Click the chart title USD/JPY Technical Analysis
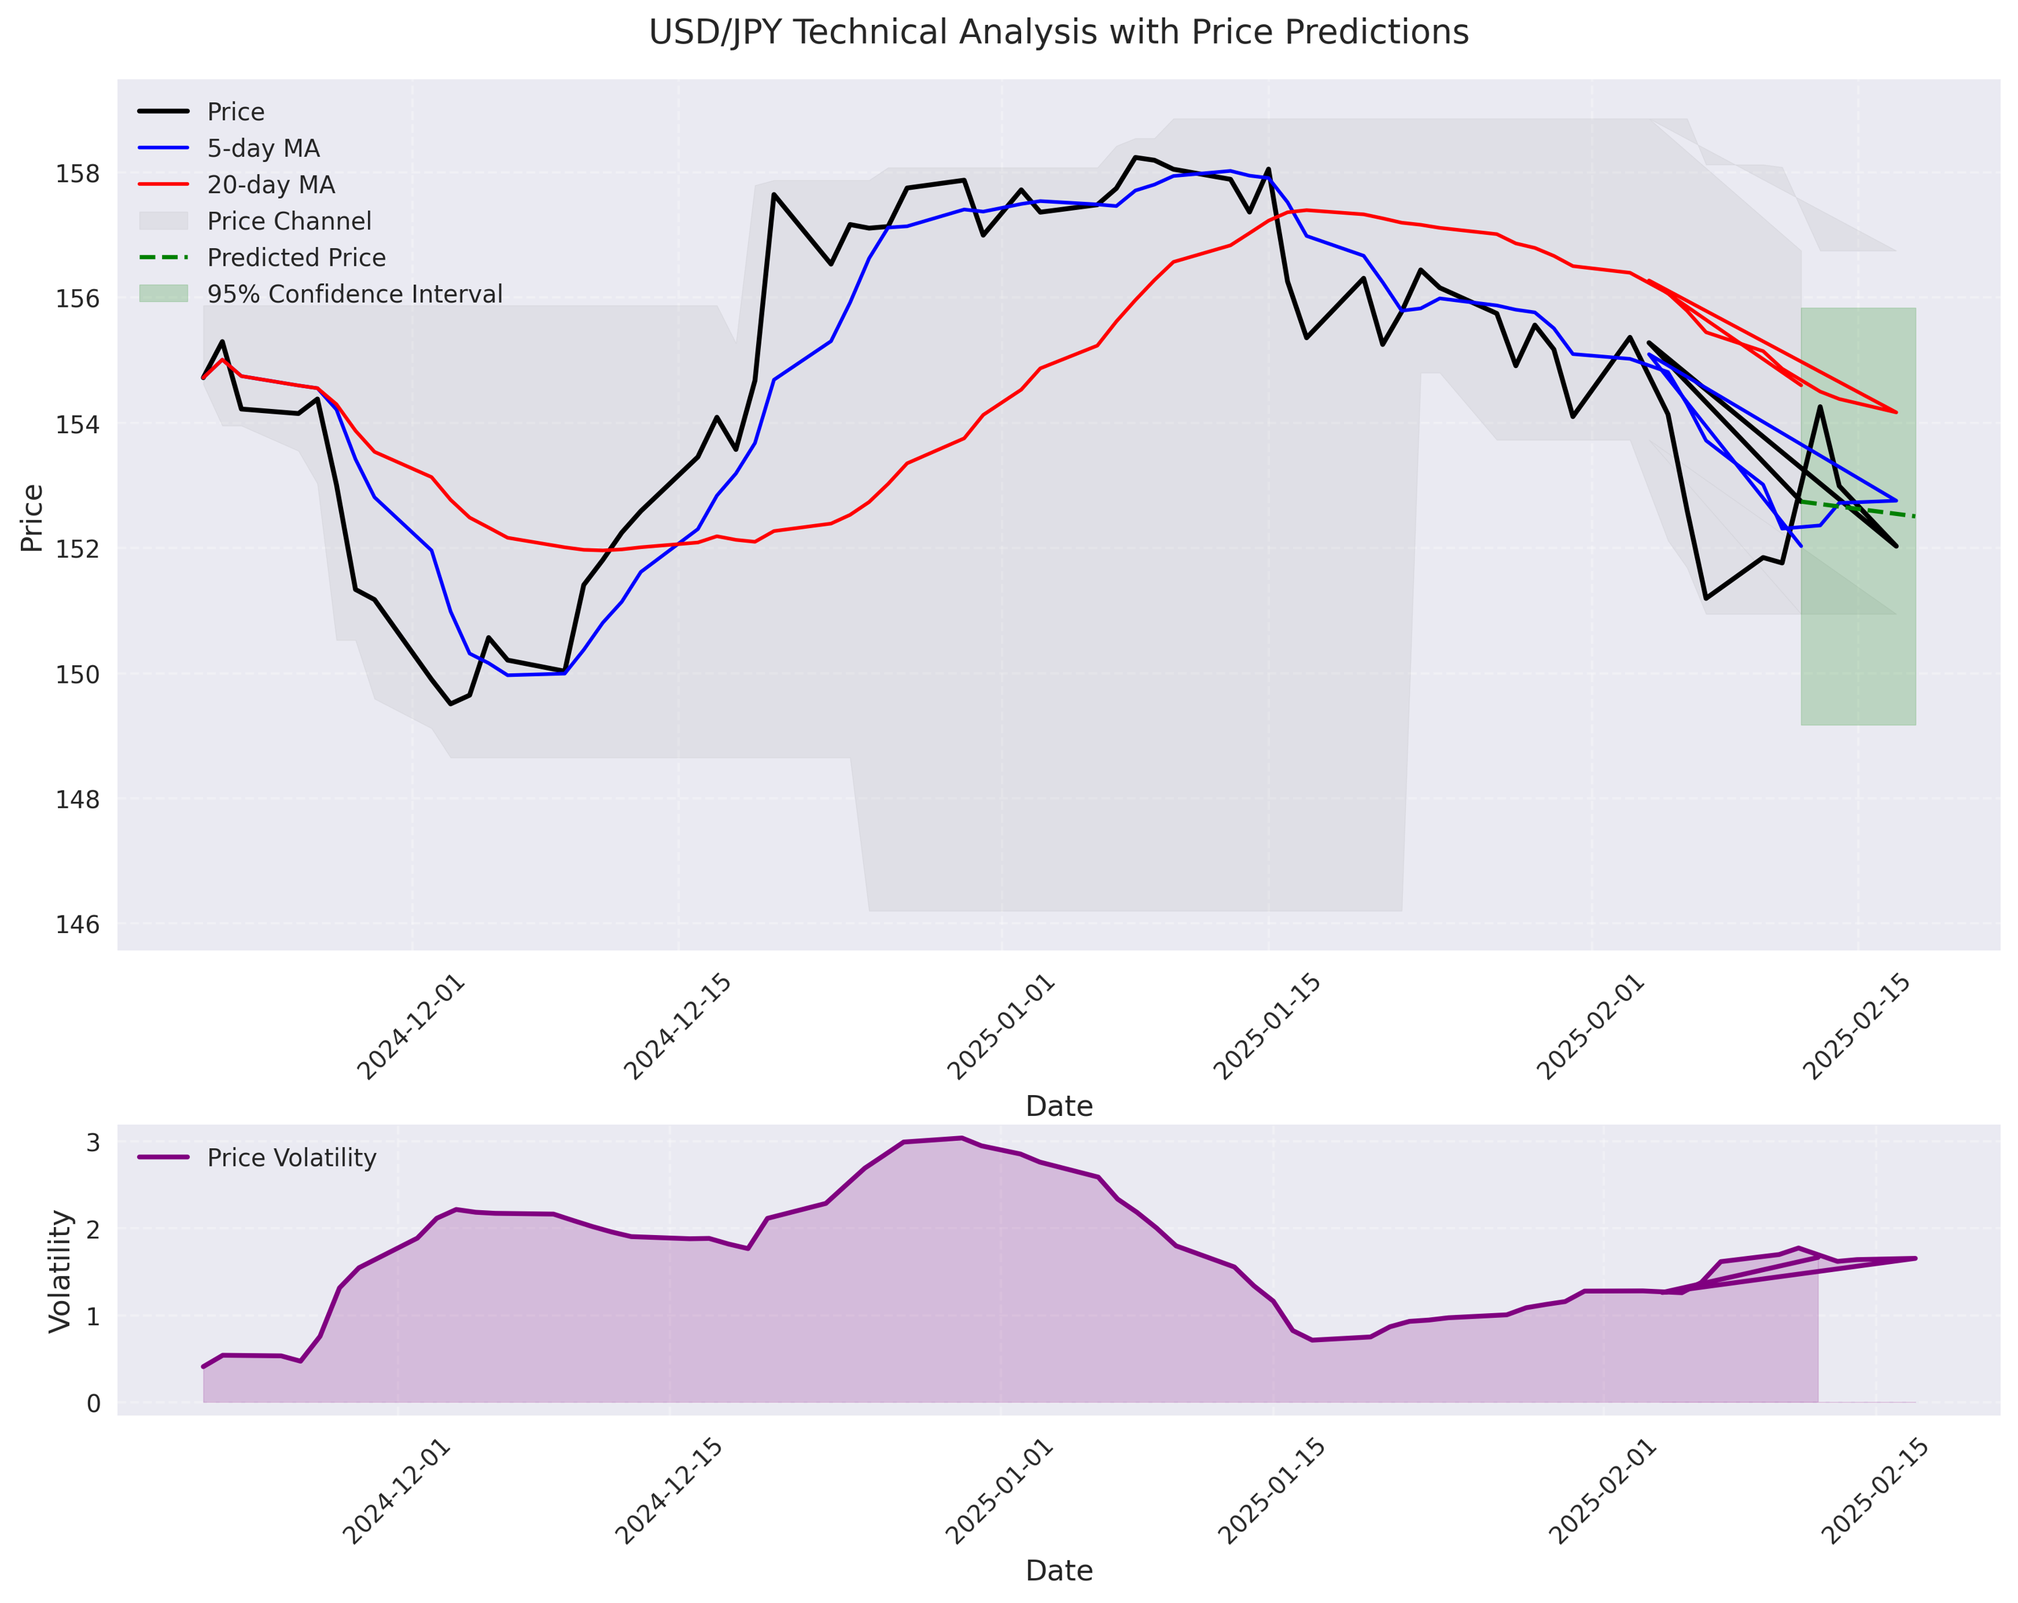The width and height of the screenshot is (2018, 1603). pyautogui.click(x=1059, y=33)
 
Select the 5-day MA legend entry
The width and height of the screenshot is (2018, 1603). pyautogui.click(x=263, y=149)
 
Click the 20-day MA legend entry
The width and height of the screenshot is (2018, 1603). pyautogui.click(x=270, y=185)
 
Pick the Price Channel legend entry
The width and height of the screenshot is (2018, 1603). pyautogui.click(x=289, y=222)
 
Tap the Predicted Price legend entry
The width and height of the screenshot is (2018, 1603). pyautogui.click(x=296, y=258)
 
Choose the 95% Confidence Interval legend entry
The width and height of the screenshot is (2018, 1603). pyautogui.click(x=354, y=295)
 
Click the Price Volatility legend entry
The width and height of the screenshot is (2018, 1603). pyautogui.click(x=291, y=1158)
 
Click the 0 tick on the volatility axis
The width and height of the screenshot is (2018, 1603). pyautogui.click(x=94, y=1404)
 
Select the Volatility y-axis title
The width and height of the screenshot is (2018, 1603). pyautogui.click(x=60, y=1272)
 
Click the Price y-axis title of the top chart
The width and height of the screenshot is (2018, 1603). pyautogui.click(x=32, y=517)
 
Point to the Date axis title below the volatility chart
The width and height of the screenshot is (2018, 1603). pyautogui.click(x=1059, y=1571)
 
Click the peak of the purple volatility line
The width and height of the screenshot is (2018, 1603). pyautogui.click(x=961, y=1138)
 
